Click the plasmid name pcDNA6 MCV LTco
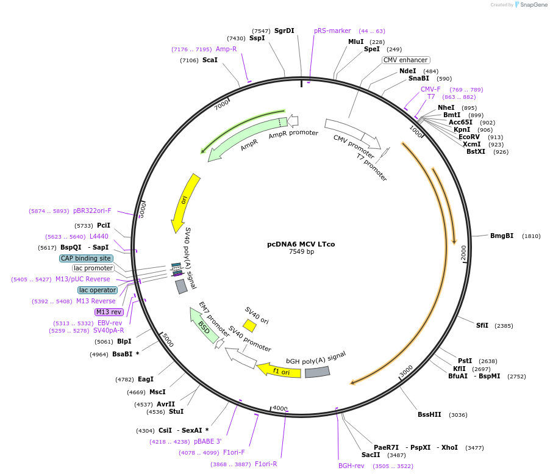301,244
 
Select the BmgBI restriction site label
502,236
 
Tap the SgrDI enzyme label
284,31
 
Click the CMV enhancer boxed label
405,60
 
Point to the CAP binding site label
86,258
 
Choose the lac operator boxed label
98,290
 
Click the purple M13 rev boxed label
109,312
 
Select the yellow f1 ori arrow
279,370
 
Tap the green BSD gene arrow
205,325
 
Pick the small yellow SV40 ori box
249,325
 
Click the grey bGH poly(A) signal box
317,372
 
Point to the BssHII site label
429,414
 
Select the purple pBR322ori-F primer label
92,211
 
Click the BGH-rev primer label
351,466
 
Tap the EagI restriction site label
146,379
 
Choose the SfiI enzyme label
482,325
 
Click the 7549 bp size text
301,251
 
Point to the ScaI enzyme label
210,60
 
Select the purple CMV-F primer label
430,89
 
